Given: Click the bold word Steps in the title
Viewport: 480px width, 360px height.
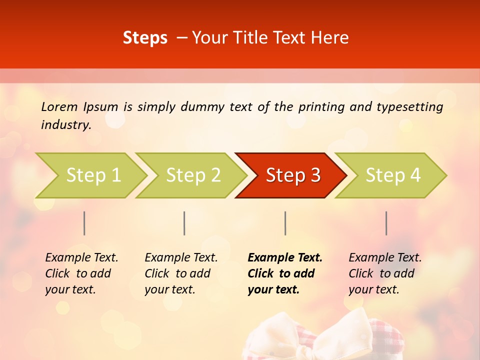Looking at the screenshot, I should (145, 38).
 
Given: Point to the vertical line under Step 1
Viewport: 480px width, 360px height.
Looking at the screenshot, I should (84, 223).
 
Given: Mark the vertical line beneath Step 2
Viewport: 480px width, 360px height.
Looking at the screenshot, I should (184, 223).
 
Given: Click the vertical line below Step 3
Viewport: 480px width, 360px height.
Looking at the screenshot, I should (285, 223).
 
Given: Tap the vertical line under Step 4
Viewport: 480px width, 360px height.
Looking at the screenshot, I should (386, 223).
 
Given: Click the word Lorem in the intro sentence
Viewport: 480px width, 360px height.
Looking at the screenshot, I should (59, 106).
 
